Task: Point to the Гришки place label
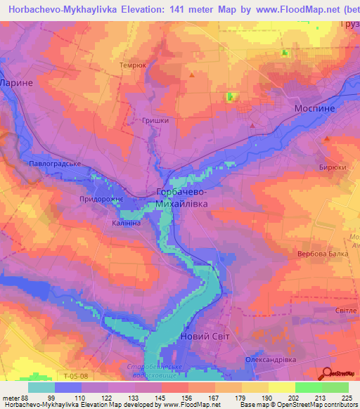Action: pos(155,120)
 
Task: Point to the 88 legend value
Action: pos(25,398)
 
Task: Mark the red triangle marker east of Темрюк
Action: pos(191,72)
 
